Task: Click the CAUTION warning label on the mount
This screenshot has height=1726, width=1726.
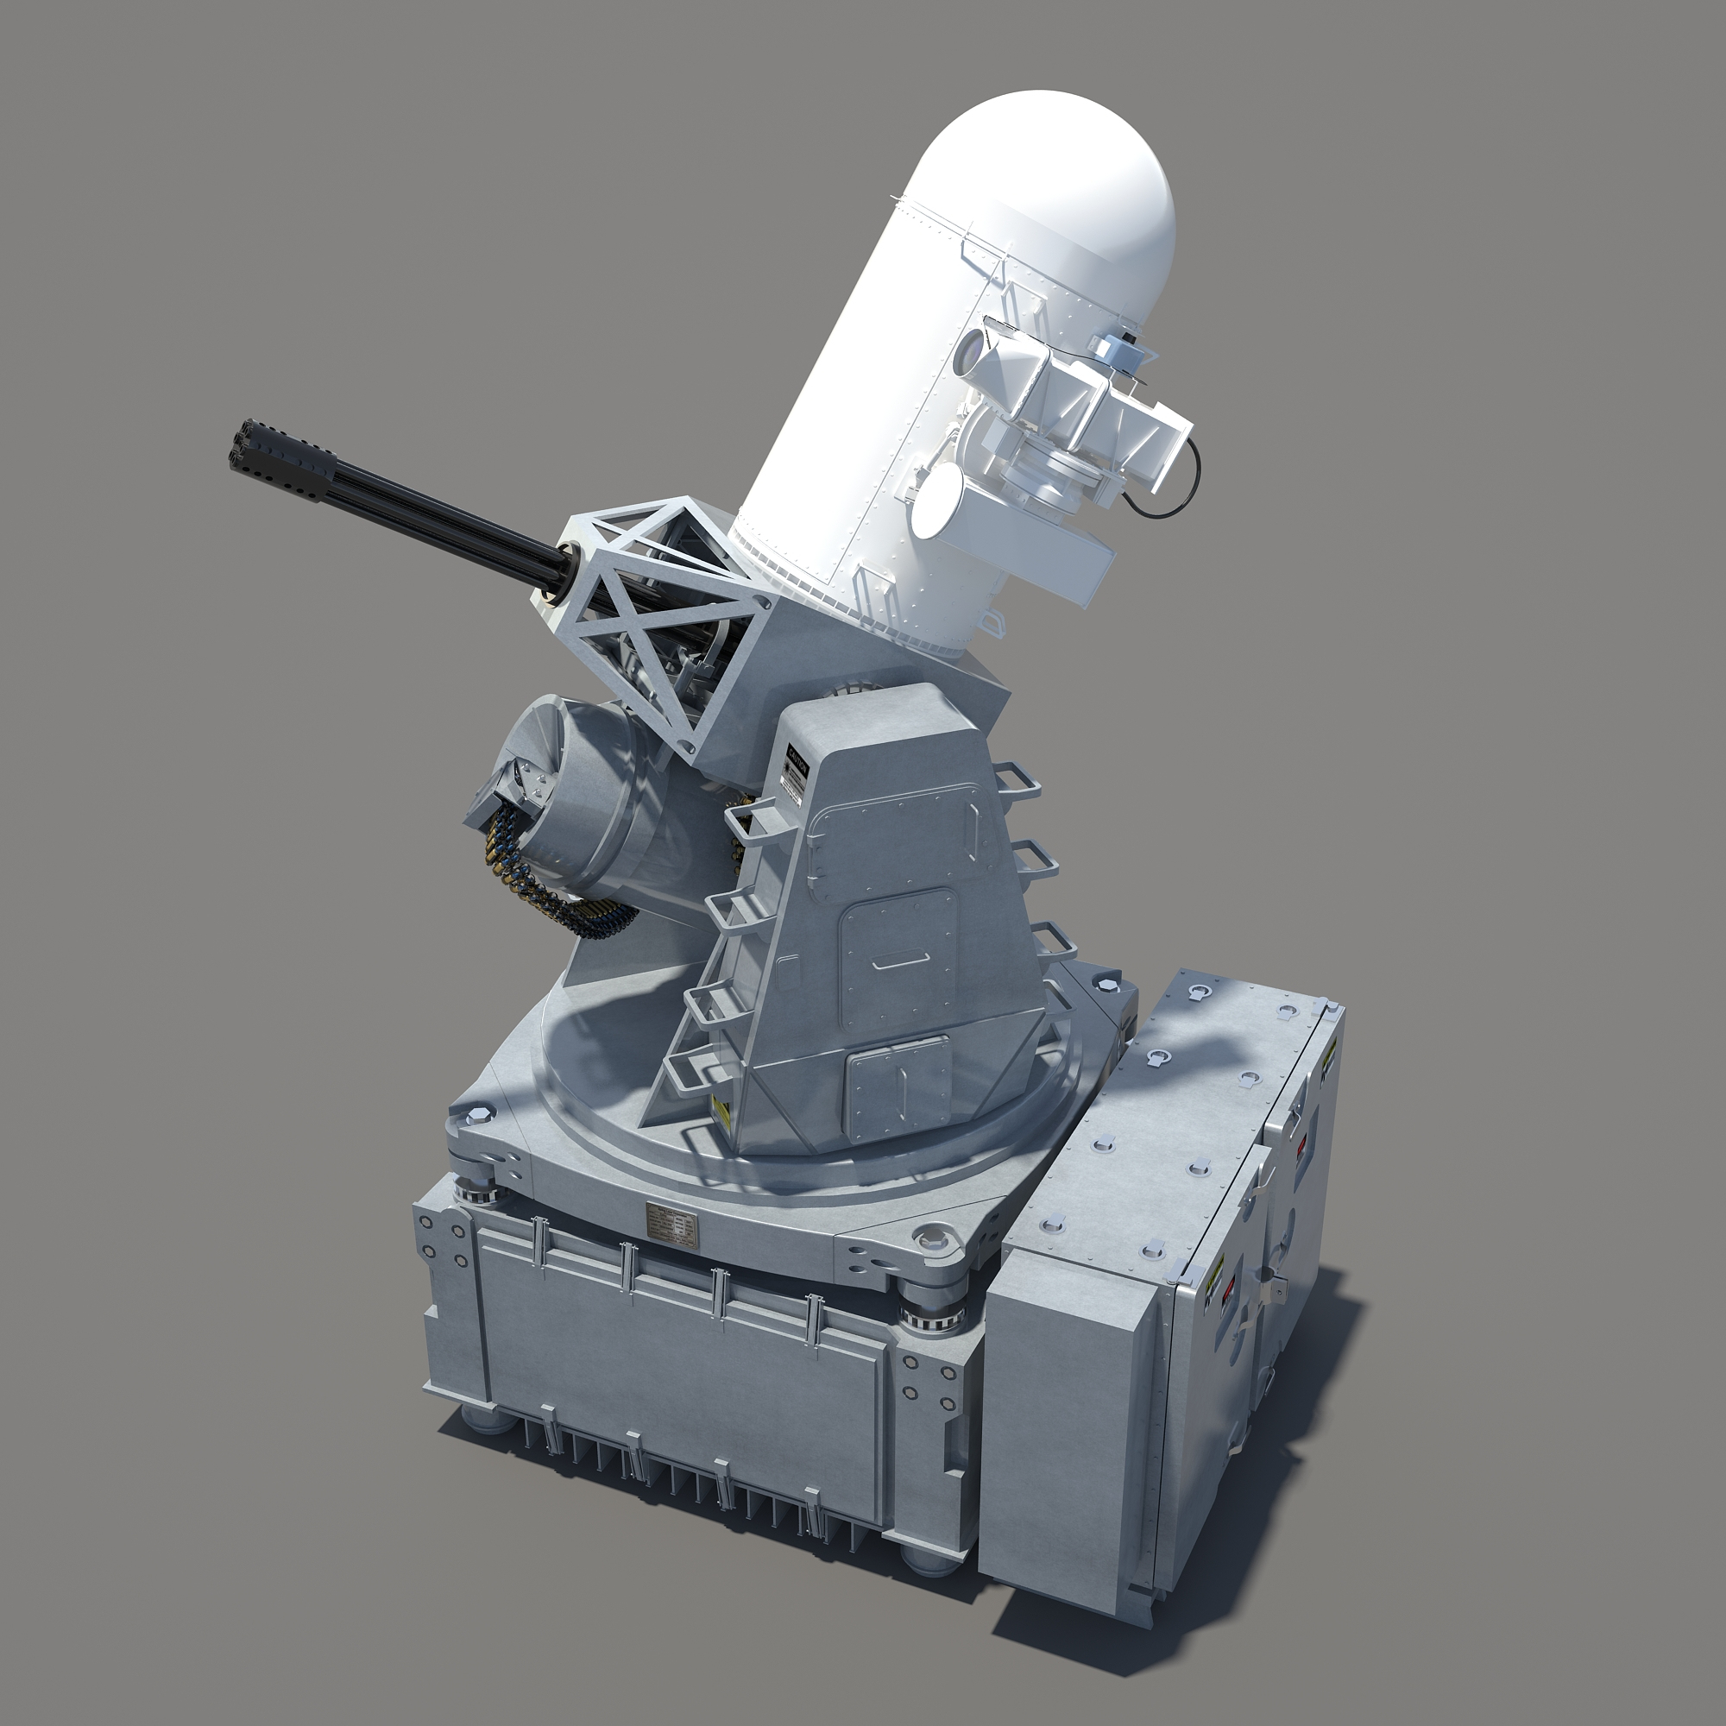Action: click(793, 770)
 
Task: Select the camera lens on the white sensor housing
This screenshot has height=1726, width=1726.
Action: click(967, 357)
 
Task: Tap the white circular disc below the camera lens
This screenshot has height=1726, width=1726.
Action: click(937, 501)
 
